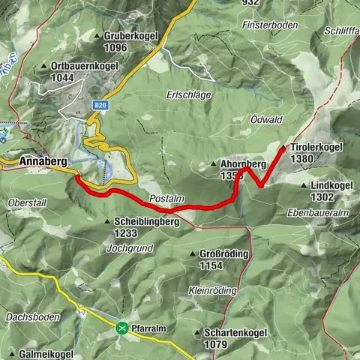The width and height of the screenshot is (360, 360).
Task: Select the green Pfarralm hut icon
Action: click(121, 327)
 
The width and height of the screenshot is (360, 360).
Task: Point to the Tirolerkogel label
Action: click(317, 148)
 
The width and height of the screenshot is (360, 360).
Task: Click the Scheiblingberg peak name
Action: click(146, 222)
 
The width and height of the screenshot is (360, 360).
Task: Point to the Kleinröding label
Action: click(213, 290)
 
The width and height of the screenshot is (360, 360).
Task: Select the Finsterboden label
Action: click(269, 25)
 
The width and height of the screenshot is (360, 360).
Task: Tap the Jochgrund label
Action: click(130, 247)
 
